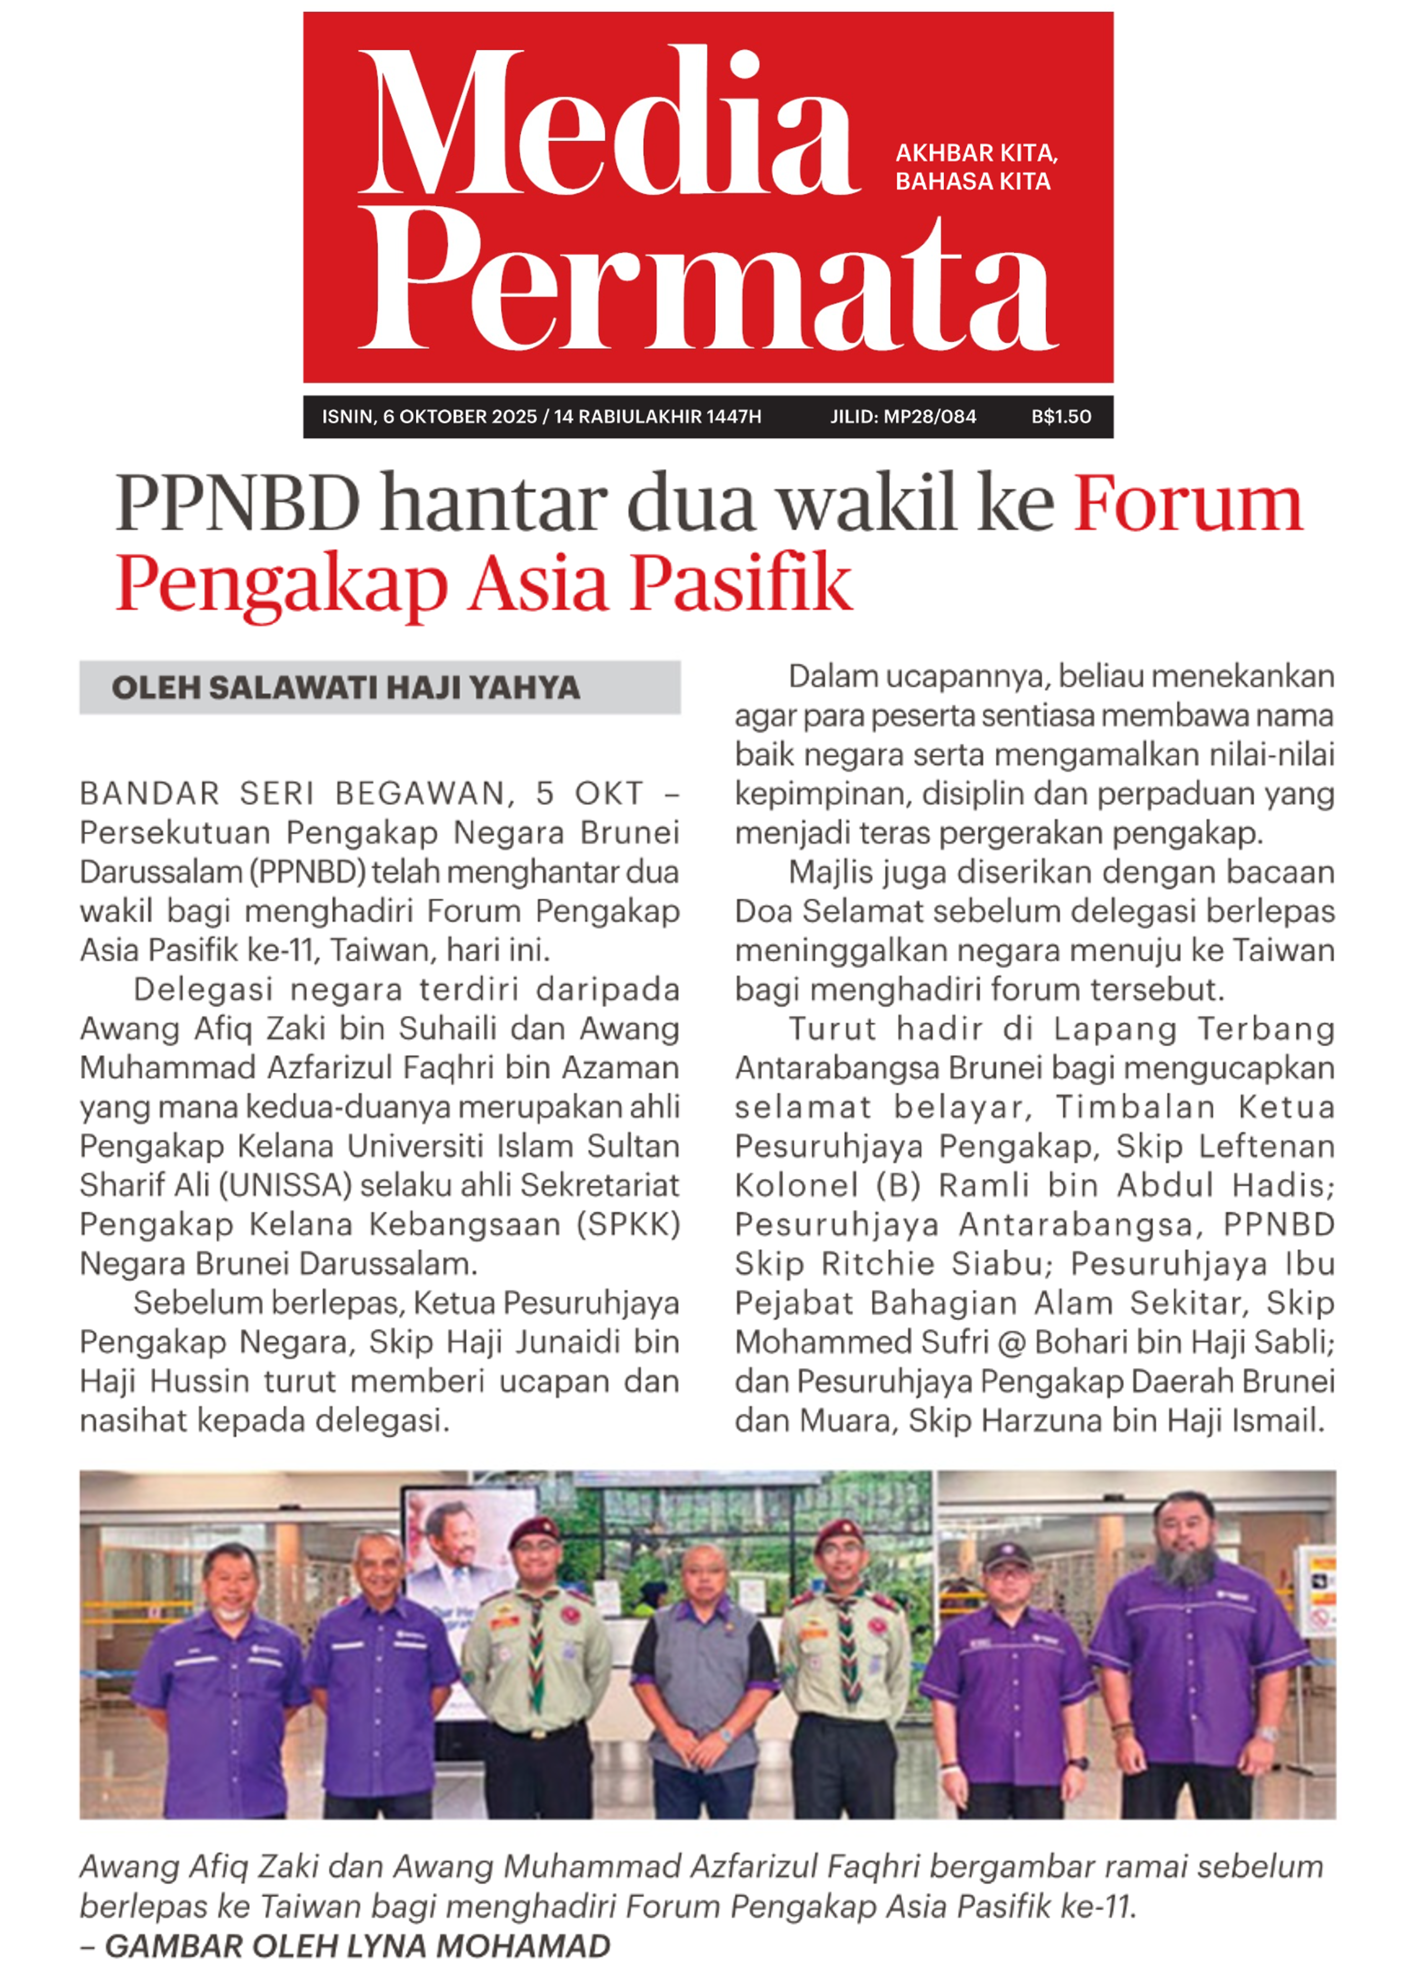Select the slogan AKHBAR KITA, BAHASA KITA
point(975,167)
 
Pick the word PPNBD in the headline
point(237,504)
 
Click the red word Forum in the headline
point(1187,504)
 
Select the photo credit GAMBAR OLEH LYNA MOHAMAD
point(357,1947)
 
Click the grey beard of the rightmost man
point(1183,1569)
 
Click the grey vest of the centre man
point(705,1671)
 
